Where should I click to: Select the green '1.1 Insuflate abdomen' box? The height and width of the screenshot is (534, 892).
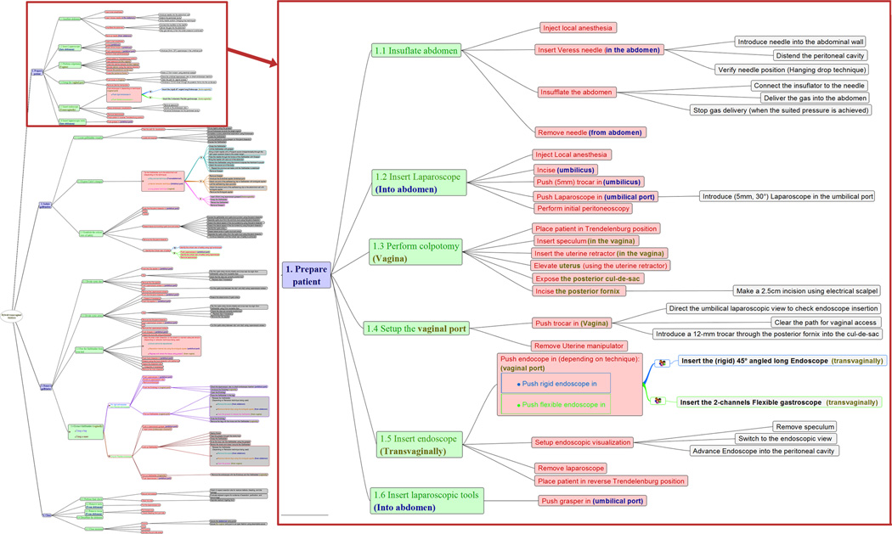416,50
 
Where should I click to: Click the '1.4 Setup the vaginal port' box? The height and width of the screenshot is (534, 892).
421,329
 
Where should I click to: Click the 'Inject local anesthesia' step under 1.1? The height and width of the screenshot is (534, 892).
578,28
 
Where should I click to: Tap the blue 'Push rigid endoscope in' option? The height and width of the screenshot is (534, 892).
553,384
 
